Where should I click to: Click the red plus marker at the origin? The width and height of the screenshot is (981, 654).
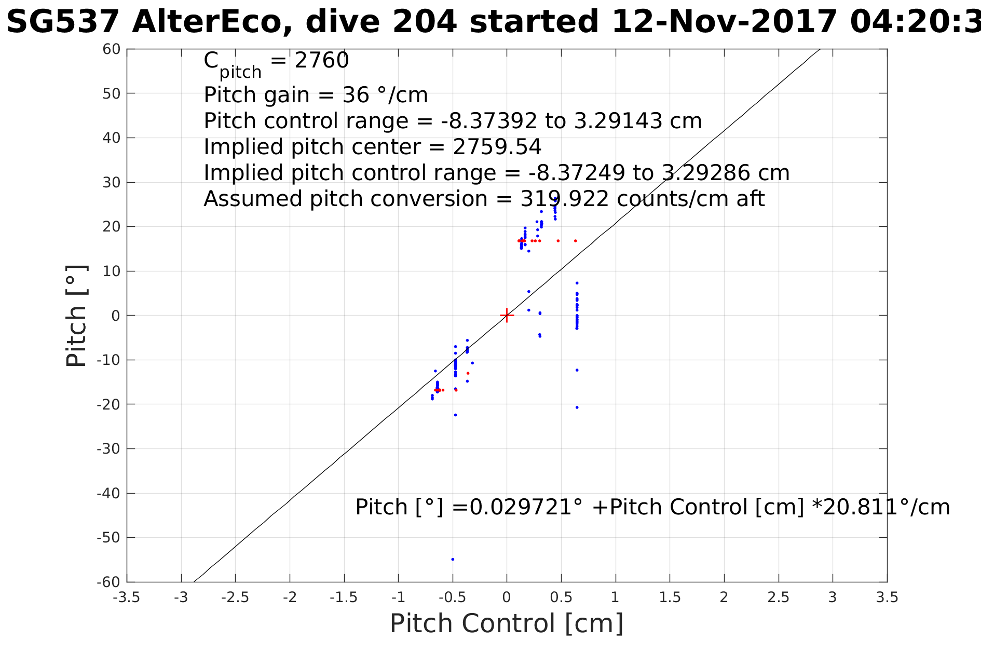pyautogui.click(x=507, y=315)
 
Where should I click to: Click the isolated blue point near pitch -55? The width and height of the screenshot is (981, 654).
pyautogui.click(x=453, y=559)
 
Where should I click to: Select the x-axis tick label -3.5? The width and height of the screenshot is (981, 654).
pyautogui.click(x=127, y=597)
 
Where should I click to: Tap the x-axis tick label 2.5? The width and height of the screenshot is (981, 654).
pyautogui.click(x=778, y=597)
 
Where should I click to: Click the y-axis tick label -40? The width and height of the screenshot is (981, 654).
pyautogui.click(x=109, y=493)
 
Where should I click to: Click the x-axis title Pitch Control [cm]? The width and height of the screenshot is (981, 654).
pyautogui.click(x=507, y=623)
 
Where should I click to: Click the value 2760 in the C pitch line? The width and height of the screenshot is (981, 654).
pyautogui.click(x=321, y=61)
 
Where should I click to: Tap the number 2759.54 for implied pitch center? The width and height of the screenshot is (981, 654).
pyautogui.click(x=497, y=147)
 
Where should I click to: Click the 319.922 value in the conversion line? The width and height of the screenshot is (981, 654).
pyautogui.click(x=564, y=199)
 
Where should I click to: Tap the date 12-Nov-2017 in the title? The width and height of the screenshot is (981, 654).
pyautogui.click(x=724, y=22)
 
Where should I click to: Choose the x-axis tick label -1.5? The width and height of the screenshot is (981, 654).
pyautogui.click(x=344, y=597)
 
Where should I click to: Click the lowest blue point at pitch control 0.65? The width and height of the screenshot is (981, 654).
pyautogui.click(x=577, y=407)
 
